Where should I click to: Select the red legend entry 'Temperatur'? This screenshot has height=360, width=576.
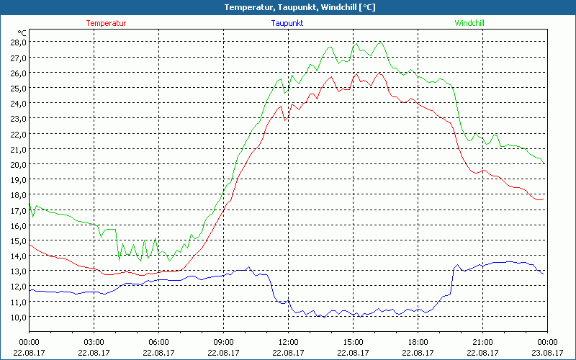point(106,23)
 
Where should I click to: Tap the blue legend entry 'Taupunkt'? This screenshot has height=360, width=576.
point(287,23)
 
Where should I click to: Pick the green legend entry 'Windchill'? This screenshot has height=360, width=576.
point(469,23)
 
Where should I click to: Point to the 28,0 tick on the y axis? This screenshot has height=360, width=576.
point(18,42)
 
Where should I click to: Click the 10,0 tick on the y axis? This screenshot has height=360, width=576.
point(18,317)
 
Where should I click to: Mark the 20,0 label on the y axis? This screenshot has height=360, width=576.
point(18,164)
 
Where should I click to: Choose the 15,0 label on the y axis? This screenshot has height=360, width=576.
point(18,240)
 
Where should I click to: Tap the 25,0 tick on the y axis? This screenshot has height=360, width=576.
point(18,88)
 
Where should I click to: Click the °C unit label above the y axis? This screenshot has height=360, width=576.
point(22,33)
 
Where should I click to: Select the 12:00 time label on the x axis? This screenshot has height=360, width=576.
point(288,342)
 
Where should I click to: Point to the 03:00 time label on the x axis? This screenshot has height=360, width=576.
point(94,342)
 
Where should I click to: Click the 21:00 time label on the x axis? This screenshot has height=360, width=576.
point(482,342)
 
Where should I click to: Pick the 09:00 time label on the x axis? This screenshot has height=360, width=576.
point(223,342)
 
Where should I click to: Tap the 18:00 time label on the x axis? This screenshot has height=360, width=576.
point(418,342)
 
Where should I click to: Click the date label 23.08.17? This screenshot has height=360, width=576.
point(546,352)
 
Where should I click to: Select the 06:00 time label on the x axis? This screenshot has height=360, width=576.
point(158,342)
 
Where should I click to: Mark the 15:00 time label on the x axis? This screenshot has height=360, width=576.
point(353,342)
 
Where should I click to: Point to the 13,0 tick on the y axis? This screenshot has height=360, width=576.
point(18,271)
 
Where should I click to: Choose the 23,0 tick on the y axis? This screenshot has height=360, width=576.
point(18,118)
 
